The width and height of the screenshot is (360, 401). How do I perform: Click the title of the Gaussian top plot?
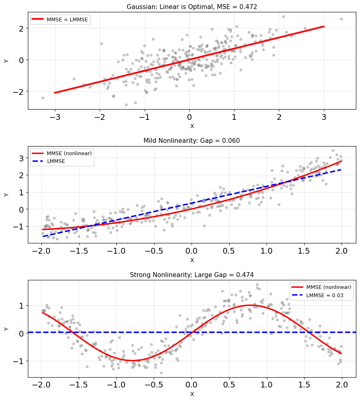click(x=191, y=7)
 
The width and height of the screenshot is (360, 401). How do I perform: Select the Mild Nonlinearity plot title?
click(x=191, y=141)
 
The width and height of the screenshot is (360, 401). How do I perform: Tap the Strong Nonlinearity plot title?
click(x=191, y=275)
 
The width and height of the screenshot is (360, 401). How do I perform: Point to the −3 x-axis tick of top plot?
click(x=55, y=117)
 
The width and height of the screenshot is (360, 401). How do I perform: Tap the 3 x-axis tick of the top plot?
click(x=324, y=117)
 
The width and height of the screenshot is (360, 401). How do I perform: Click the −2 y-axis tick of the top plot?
click(x=18, y=92)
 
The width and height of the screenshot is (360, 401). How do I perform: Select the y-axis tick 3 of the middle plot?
click(x=21, y=158)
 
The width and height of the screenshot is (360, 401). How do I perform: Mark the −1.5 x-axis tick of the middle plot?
click(x=78, y=251)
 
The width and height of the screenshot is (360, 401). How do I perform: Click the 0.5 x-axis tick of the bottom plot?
click(x=229, y=385)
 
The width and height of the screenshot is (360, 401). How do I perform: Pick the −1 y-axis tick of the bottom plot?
click(x=18, y=361)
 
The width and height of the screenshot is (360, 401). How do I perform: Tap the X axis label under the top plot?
click(x=192, y=126)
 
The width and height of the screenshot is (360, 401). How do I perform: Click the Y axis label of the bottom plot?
click(x=6, y=329)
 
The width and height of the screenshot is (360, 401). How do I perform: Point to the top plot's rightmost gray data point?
click(x=341, y=19)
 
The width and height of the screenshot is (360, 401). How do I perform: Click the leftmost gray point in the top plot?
click(x=43, y=98)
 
